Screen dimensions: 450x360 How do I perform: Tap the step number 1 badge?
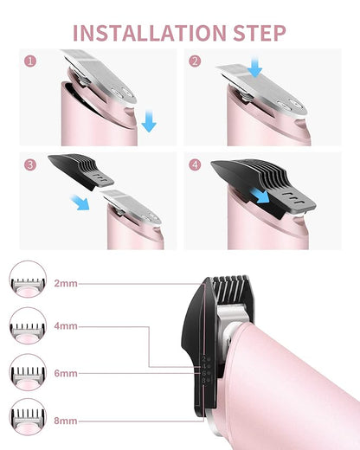click(x=30, y=61)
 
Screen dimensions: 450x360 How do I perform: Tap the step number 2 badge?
click(x=196, y=61)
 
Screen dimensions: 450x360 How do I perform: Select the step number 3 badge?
click(x=30, y=164)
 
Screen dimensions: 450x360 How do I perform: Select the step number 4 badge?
click(x=196, y=164)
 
